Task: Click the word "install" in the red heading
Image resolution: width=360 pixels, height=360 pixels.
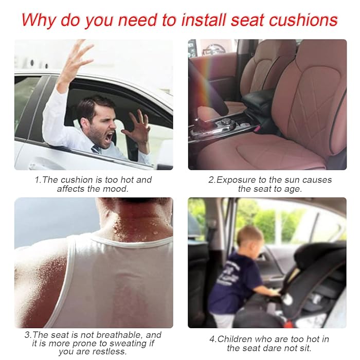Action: pos(204,20)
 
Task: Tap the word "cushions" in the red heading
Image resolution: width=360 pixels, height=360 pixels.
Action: pos(303,20)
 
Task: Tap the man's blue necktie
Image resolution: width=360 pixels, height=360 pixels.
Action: pos(97,150)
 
